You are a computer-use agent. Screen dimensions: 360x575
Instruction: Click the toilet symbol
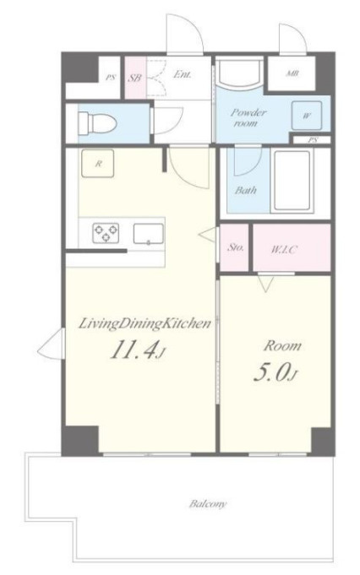[97, 122]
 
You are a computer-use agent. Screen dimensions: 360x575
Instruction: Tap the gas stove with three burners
[106, 233]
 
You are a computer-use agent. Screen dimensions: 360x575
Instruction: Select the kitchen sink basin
[148, 234]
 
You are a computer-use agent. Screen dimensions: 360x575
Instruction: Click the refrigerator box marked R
[98, 164]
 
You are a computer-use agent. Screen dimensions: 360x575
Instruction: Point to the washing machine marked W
[307, 116]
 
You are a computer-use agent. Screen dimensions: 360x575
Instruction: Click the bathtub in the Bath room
[292, 182]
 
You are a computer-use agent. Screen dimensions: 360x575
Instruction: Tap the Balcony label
[208, 503]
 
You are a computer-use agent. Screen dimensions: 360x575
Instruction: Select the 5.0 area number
[274, 372]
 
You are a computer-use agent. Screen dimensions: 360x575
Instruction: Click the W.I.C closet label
[284, 250]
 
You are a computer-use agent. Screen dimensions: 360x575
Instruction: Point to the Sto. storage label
[236, 247]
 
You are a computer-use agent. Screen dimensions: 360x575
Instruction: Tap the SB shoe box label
[135, 78]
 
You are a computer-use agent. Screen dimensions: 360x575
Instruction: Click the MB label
[292, 73]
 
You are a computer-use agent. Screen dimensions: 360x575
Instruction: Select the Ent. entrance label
[182, 74]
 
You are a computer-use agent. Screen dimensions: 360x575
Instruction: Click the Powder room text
[248, 117]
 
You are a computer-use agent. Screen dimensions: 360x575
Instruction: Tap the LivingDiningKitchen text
[145, 323]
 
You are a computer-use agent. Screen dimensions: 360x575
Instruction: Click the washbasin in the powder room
[239, 73]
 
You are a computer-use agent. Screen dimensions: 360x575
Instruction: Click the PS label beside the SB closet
[111, 78]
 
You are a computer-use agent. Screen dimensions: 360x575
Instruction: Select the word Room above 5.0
[282, 346]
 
